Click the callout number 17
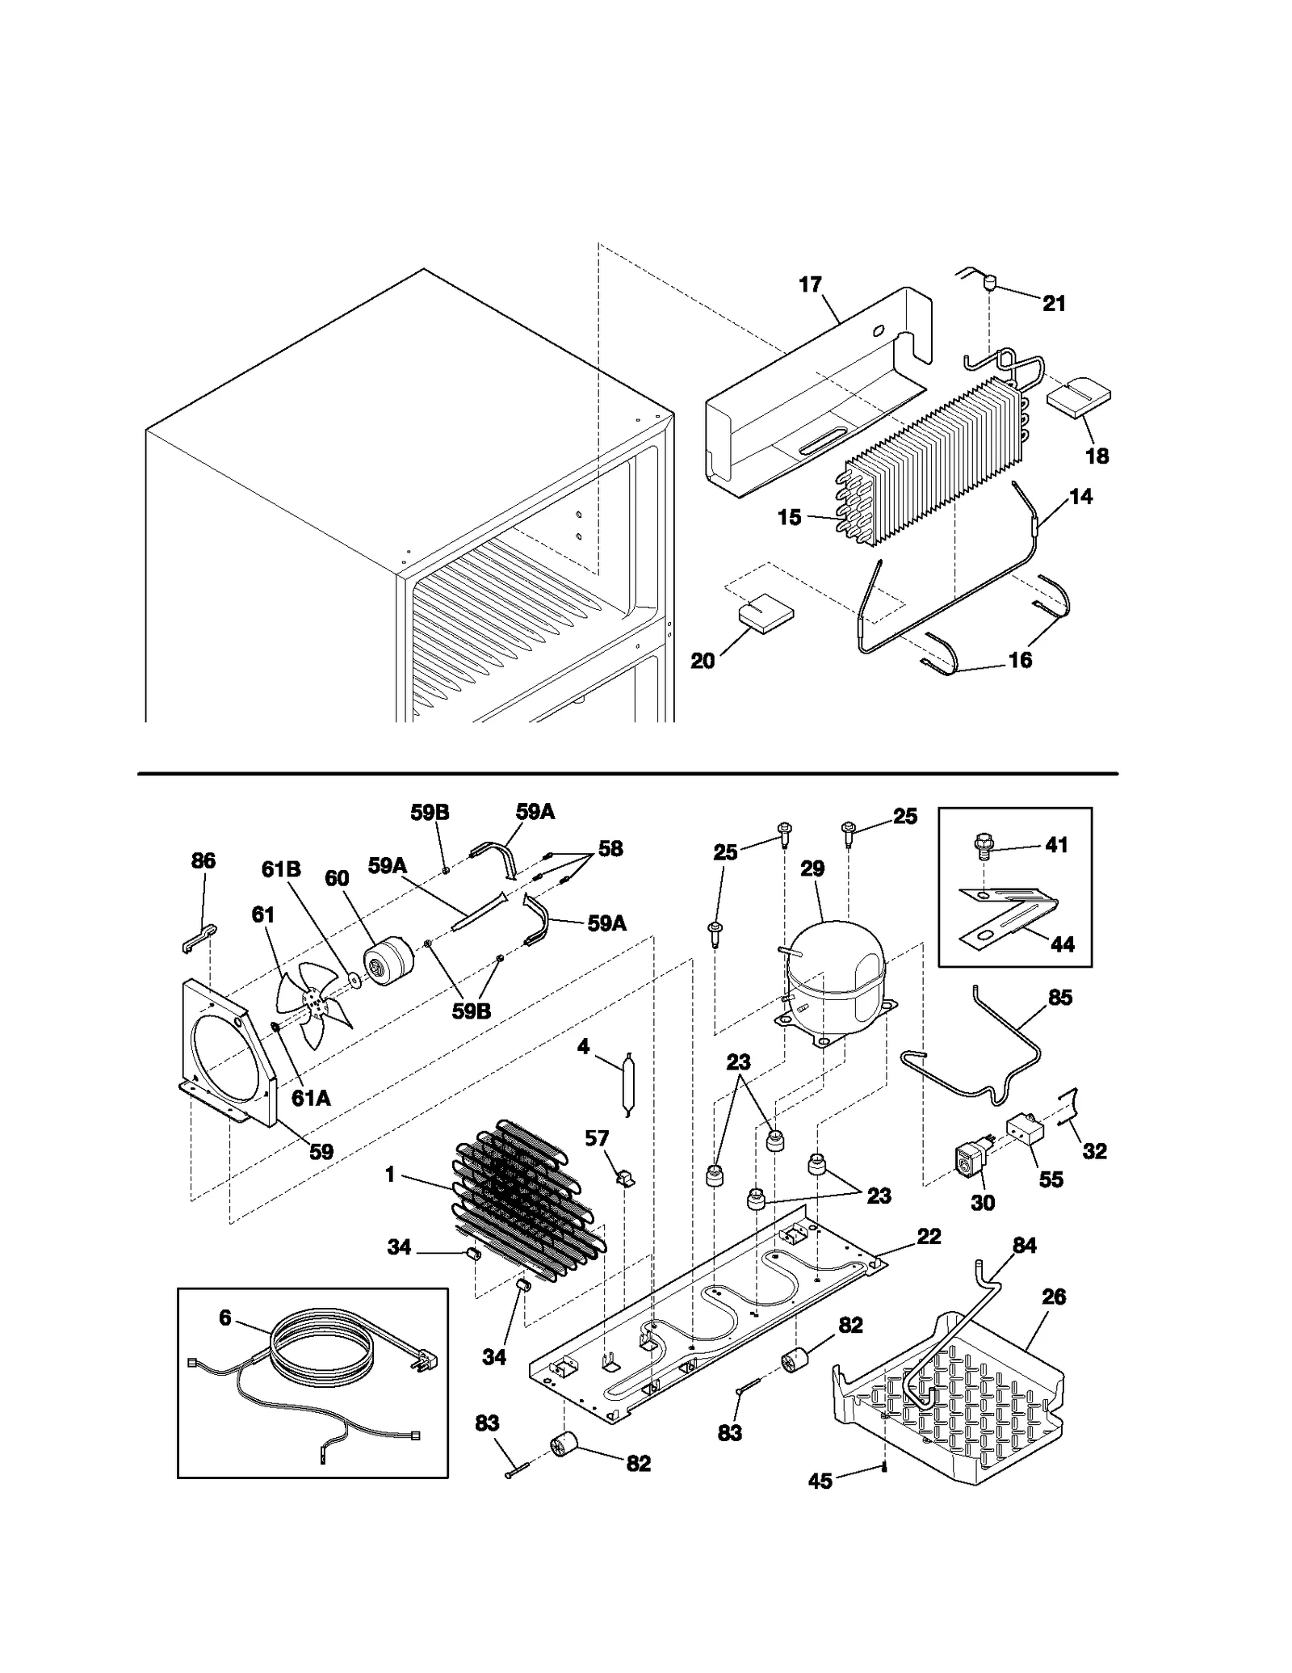[810, 284]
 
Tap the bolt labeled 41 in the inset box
[981, 846]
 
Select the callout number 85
[1059, 998]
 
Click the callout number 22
[929, 1237]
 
